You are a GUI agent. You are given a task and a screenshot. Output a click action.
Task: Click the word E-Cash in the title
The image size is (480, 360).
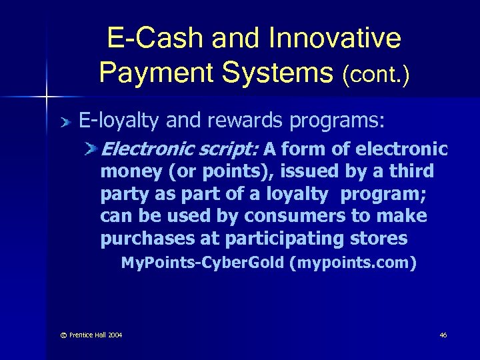[154, 39]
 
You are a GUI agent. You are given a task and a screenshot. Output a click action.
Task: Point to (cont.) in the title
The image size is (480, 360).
[375, 75]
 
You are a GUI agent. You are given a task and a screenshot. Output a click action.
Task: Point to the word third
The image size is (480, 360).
[408, 171]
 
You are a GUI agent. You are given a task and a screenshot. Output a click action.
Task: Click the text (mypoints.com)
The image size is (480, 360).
[353, 263]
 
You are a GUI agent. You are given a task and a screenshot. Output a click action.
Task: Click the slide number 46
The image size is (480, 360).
[443, 334]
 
